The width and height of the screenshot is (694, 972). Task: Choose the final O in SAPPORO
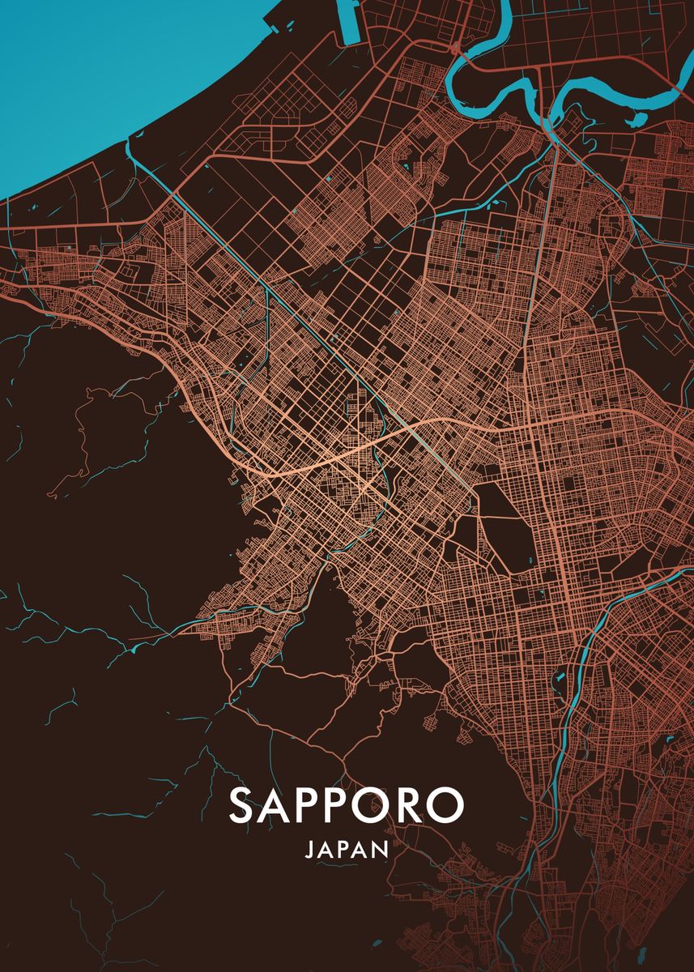click(447, 804)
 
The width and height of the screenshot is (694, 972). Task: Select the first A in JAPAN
click(326, 850)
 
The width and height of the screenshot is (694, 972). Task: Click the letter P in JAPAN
click(343, 850)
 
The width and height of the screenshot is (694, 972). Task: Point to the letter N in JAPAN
click(380, 850)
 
